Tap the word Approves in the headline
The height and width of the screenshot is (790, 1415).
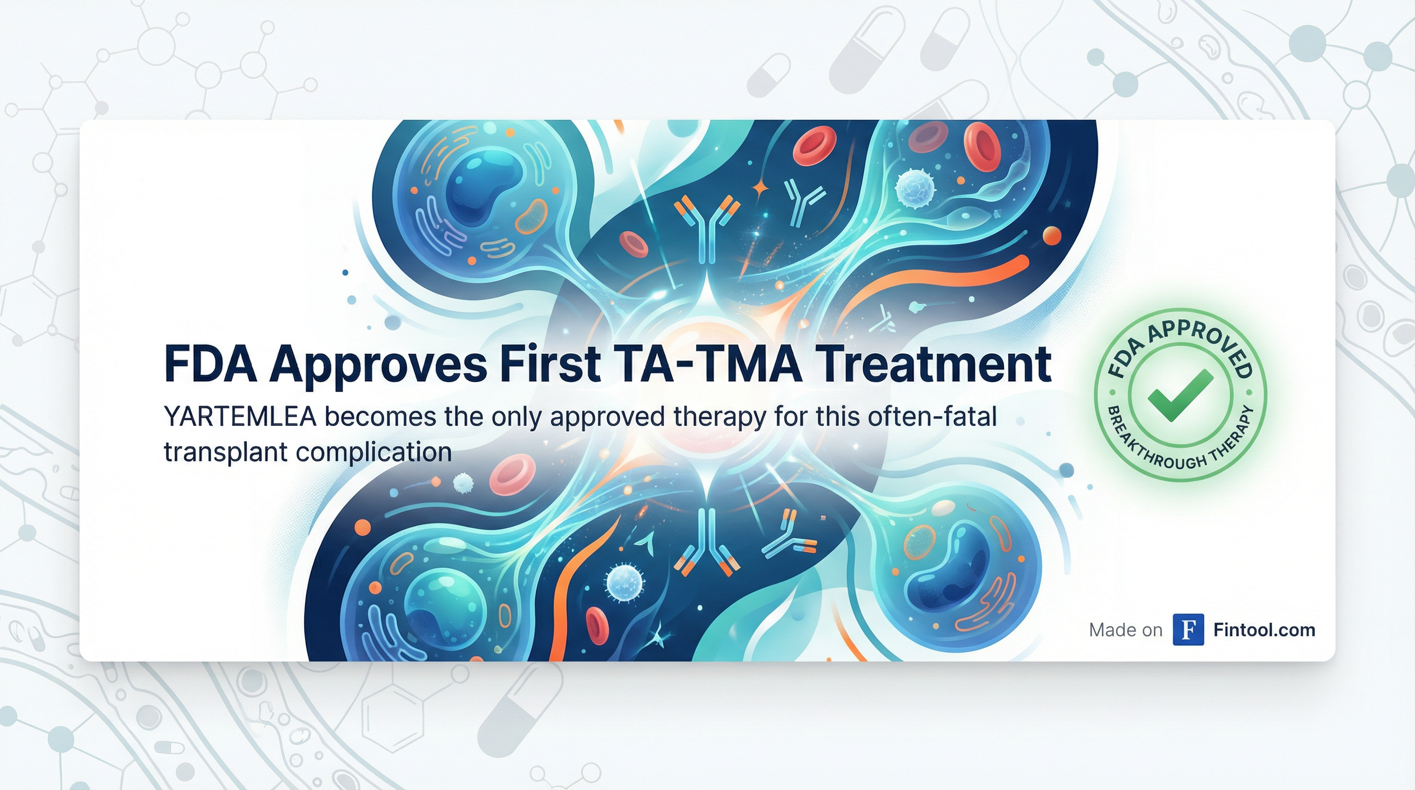(378, 366)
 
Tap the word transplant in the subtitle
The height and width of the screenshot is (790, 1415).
(226, 453)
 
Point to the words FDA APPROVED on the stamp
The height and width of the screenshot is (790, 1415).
(1181, 346)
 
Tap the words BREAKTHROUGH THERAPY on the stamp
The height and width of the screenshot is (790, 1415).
(1181, 445)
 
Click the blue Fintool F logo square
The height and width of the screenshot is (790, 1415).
(1188, 629)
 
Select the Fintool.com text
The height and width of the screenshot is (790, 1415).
(1264, 630)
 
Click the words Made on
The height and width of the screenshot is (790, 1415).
(1126, 630)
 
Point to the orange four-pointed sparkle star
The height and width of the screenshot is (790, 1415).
(761, 189)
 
